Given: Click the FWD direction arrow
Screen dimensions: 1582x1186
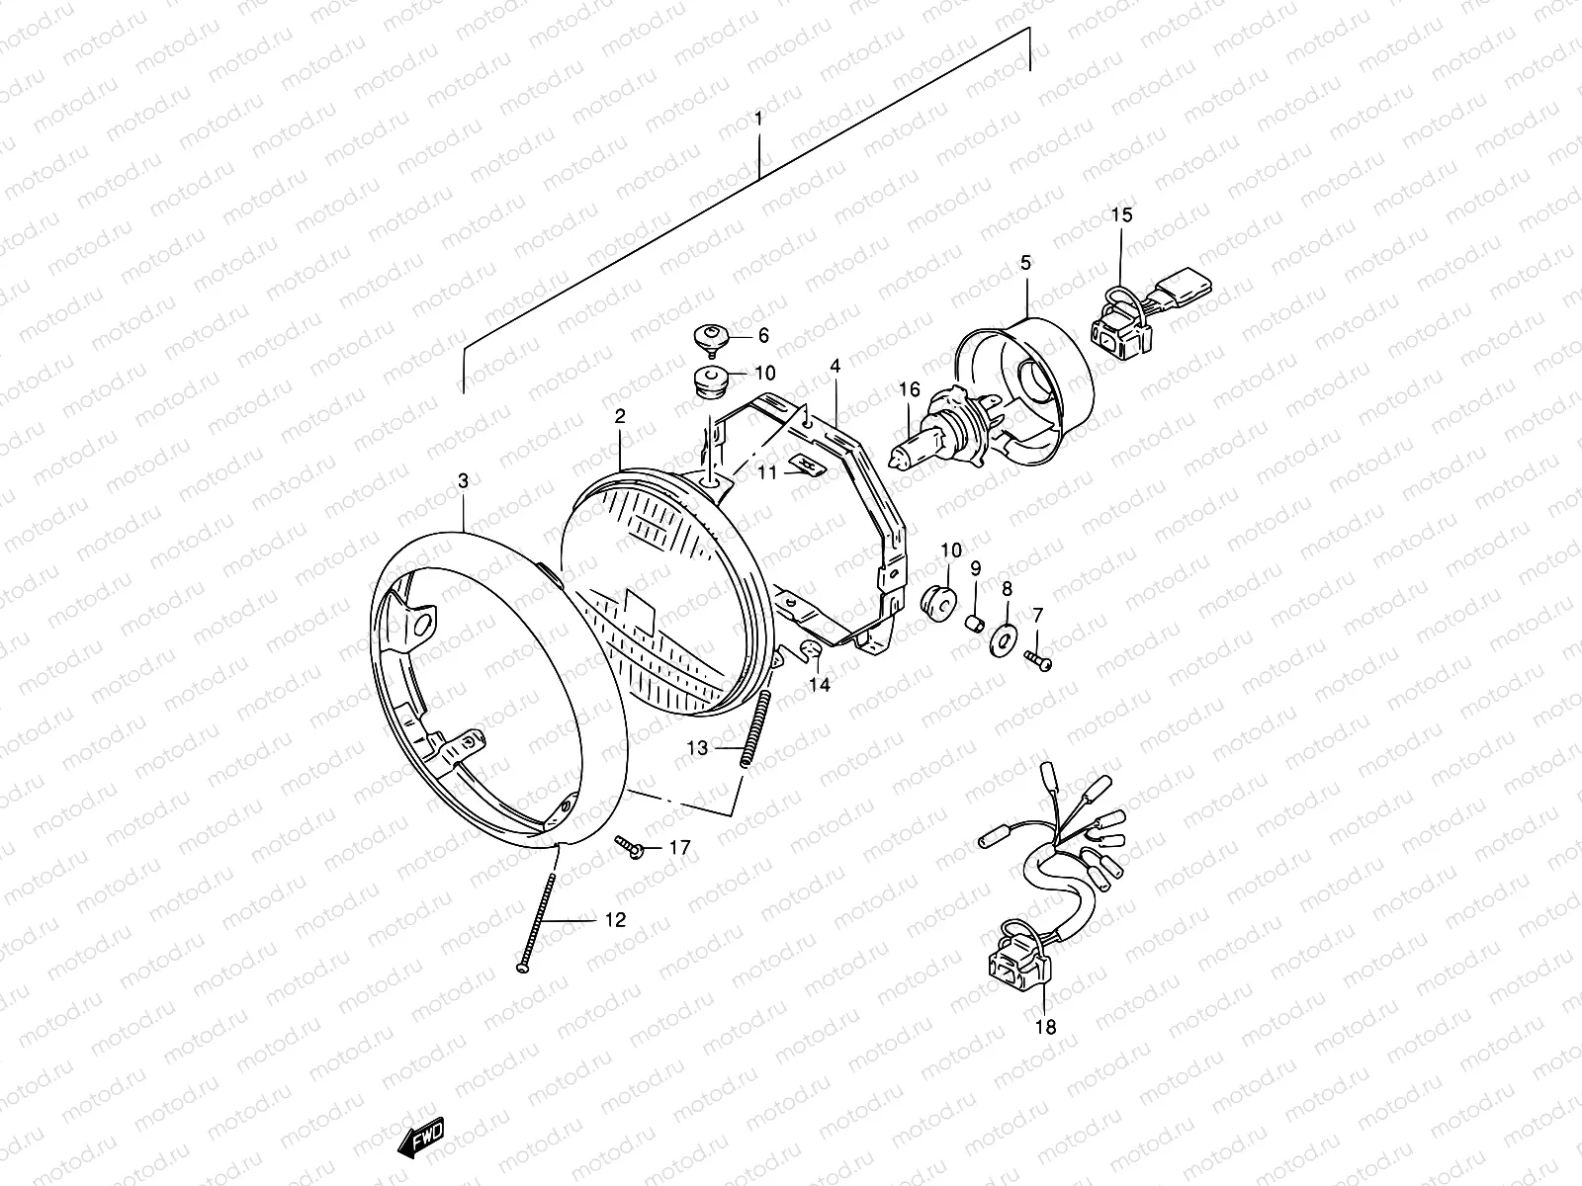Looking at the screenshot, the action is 421,1138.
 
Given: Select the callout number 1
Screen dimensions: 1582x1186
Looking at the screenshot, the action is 758,118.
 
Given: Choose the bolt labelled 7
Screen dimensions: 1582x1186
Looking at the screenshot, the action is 1038,659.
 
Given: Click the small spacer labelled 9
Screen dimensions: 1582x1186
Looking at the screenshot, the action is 975,623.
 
